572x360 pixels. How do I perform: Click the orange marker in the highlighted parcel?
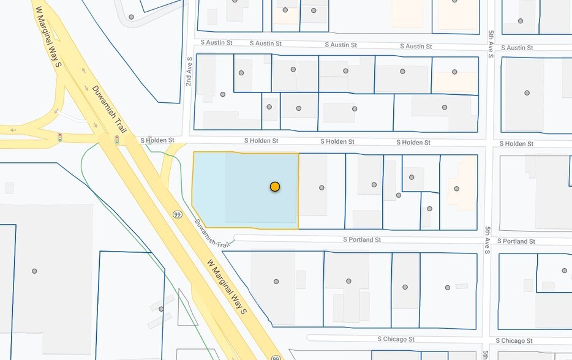pos(275,186)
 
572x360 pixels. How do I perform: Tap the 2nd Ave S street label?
pos(189,72)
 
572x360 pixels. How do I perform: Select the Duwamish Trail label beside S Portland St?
pos(211,234)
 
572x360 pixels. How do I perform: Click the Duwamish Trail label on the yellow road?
pos(109,110)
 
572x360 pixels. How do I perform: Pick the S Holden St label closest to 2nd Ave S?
pos(162,140)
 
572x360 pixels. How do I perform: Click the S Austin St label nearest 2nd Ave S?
pos(217,42)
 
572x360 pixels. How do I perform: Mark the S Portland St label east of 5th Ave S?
pos(516,241)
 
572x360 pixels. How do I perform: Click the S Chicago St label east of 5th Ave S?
pos(514,340)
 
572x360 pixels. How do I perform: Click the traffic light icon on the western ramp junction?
pos(60,136)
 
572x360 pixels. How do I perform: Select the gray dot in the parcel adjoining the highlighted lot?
pos(322,188)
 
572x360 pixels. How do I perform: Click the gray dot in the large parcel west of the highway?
pos(34,271)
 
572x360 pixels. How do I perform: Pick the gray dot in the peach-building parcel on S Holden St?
pos(456,189)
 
